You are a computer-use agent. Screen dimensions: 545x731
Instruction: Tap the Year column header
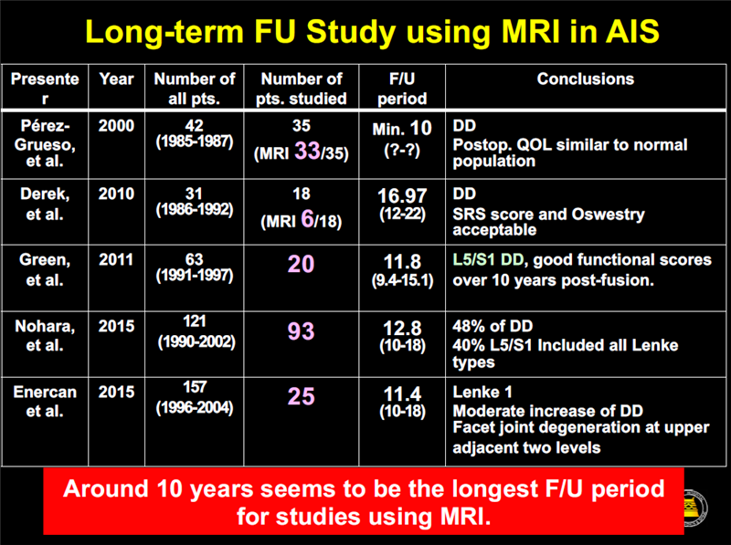coord(116,79)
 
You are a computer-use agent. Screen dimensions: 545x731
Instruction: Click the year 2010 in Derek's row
coord(116,194)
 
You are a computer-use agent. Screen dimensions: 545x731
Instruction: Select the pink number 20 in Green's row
coord(302,265)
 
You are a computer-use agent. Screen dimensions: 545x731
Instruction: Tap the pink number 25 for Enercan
coord(302,396)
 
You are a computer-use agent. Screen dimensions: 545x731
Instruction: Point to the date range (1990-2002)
coord(195,341)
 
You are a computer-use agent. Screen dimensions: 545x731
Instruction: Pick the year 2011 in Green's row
coord(116,260)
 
